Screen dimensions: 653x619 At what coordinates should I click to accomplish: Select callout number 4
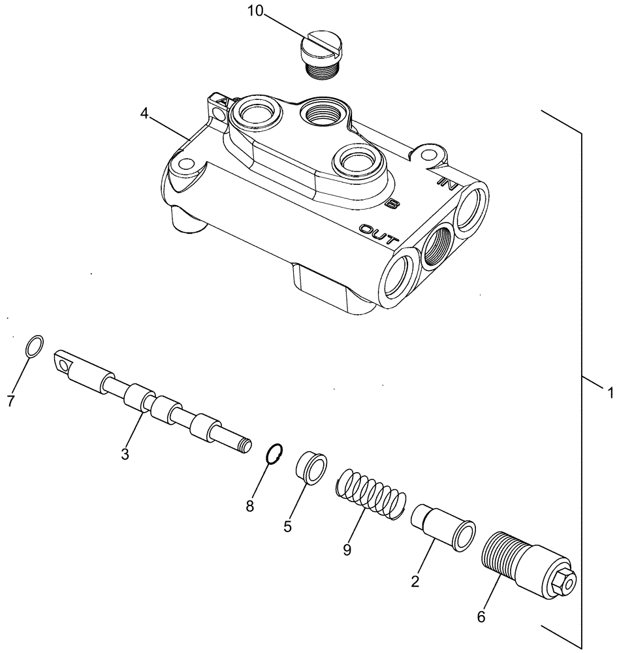pos(144,114)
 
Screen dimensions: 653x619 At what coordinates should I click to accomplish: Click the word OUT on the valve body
pos(378,234)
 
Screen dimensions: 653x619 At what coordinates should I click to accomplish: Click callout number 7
pos(11,402)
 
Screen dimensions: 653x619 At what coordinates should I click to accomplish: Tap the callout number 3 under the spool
pos(124,453)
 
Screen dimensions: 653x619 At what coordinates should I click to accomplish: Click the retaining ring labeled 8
pos(275,452)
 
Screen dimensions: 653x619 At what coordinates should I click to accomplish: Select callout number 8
pos(249,506)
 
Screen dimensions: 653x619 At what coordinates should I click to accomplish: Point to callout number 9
pos(347,550)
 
